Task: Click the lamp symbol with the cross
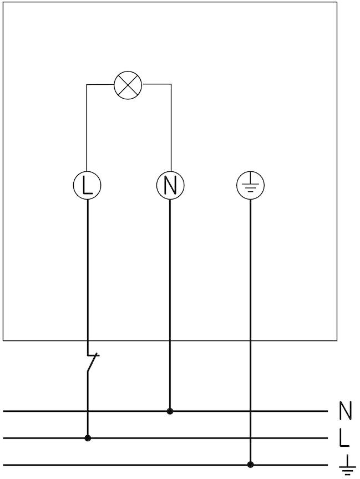coord(128,85)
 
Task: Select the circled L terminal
coord(87,185)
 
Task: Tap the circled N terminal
coord(170,185)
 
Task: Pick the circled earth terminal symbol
coord(251,185)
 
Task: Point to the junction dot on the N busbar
coord(170,411)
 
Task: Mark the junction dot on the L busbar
coord(88,438)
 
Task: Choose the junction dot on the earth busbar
coord(251,465)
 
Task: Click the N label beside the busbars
coord(345,411)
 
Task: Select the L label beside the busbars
coord(345,438)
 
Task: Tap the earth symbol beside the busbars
coord(347,466)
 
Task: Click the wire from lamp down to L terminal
coord(87,128)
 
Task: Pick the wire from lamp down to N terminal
coord(171,128)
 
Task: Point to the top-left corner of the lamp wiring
coord(87,85)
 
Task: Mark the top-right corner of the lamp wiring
coord(171,85)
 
